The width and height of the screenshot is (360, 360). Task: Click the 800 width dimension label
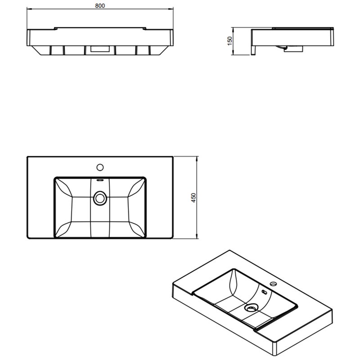(x=100, y=6)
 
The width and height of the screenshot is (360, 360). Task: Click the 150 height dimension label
(x=230, y=41)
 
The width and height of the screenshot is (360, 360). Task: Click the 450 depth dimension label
(x=193, y=198)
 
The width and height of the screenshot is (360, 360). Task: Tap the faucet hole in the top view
(x=100, y=167)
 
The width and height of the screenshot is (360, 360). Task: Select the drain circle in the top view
(x=100, y=198)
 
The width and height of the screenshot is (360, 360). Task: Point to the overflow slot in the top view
(x=100, y=180)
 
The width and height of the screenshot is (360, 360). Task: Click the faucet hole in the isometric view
(x=273, y=284)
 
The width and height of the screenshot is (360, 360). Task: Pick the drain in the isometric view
(x=252, y=308)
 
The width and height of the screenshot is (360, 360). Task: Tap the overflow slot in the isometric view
(x=264, y=292)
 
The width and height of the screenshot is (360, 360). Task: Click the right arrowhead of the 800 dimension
(x=171, y=9)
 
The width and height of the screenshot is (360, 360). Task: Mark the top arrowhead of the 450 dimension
(x=197, y=159)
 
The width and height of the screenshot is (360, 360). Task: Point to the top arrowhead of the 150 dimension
(x=233, y=30)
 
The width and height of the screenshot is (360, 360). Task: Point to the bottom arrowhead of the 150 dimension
(x=233, y=53)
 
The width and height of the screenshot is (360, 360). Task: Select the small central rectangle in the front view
(x=100, y=49)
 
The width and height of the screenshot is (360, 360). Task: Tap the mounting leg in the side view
(x=253, y=50)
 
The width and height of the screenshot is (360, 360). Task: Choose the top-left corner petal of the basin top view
(x=64, y=188)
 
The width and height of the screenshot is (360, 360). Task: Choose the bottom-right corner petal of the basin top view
(x=137, y=229)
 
